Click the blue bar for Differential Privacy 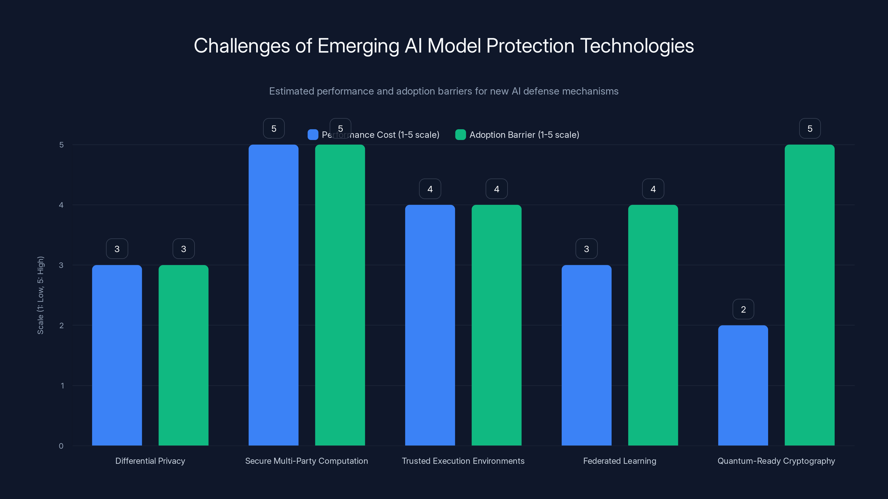coord(117,355)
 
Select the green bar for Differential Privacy coord(183,355)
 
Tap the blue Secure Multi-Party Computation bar coord(273,295)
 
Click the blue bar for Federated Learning coord(586,355)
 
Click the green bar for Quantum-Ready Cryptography coord(809,295)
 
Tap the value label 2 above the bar coord(743,309)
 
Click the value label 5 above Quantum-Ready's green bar coord(810,128)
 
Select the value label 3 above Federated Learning coord(586,249)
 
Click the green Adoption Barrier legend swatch coord(460,135)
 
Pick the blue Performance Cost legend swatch coord(313,135)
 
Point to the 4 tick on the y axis coord(61,205)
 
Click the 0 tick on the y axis coord(61,446)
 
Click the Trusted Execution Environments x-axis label coord(463,461)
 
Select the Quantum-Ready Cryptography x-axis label coord(776,461)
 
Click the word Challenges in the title coord(242,46)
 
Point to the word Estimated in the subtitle coord(291,91)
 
